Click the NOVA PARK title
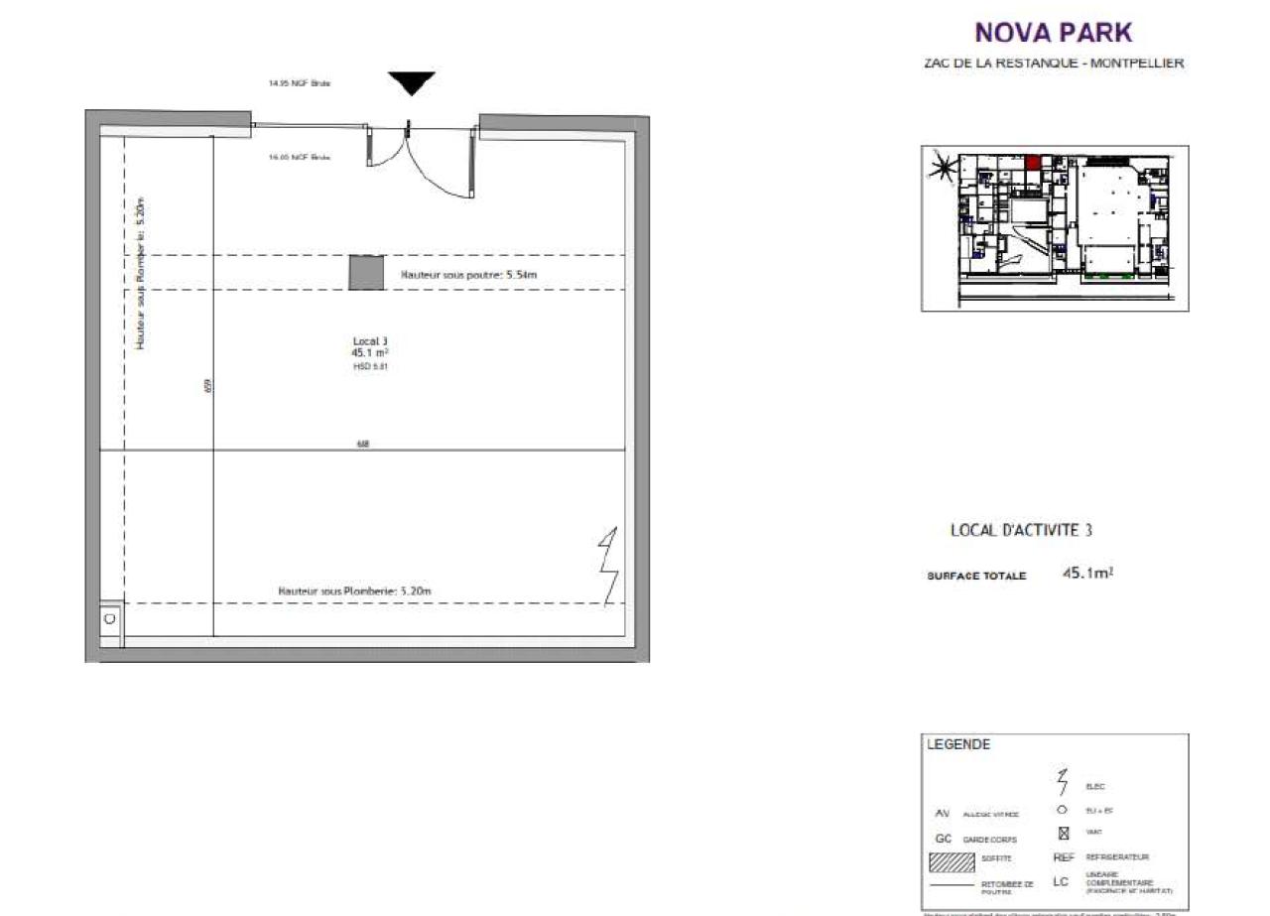coord(1053,33)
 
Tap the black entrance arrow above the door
coord(411,83)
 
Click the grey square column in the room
coord(366,273)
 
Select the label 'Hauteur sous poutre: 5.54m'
coord(474,274)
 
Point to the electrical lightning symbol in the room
coord(608,566)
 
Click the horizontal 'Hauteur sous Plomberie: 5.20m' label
coord(355,591)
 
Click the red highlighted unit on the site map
coord(1033,163)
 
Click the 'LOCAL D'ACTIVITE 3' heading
coord(1021,531)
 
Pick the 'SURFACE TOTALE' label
coord(976,576)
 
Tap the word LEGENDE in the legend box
coord(957,745)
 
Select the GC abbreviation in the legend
coord(944,839)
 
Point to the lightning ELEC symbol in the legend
coord(1063,783)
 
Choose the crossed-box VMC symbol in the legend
coord(1063,833)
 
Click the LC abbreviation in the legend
coord(1062,882)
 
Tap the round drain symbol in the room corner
coord(109,618)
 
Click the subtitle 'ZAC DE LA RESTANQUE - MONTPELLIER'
coord(1053,64)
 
